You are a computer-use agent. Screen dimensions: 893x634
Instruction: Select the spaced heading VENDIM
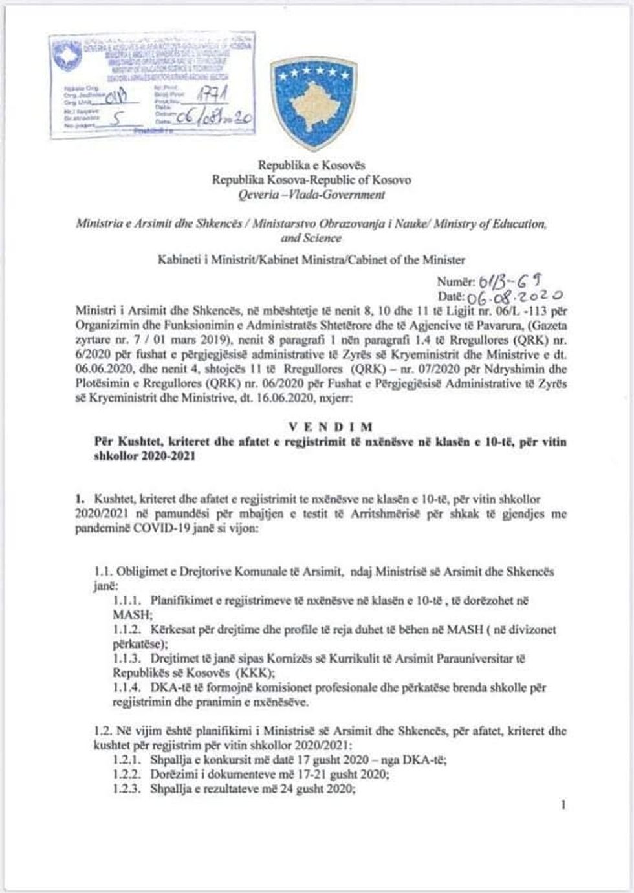click(x=331, y=427)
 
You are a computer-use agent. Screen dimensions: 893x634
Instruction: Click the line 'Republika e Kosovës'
click(x=312, y=166)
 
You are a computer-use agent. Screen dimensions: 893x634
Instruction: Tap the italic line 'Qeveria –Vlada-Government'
click(x=311, y=195)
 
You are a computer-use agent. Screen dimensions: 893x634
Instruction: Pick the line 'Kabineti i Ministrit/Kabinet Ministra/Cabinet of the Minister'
click(x=311, y=260)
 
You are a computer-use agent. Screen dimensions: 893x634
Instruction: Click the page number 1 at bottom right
click(x=564, y=804)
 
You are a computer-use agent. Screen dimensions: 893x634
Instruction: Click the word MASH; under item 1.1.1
click(x=132, y=614)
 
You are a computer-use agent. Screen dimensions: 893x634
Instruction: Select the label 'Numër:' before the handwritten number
click(x=456, y=282)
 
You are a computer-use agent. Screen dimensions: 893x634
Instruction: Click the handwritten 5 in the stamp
click(x=116, y=119)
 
